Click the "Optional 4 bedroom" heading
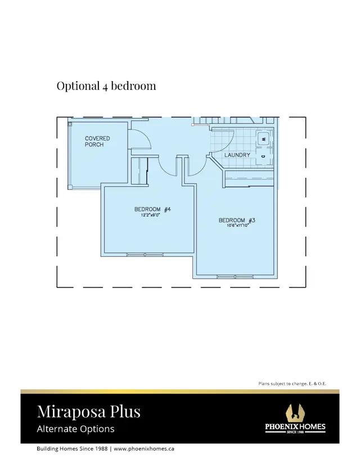pos(106,86)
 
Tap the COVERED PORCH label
pos(97,141)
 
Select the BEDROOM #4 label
pos(152,209)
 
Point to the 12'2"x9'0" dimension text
pos(151,215)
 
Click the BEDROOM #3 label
pos(237,220)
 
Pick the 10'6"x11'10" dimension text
pos(237,225)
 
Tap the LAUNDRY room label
pos(237,155)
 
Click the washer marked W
pos(263,138)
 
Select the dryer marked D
pos(263,156)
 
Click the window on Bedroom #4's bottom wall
pos(145,255)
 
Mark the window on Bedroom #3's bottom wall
pos(235,277)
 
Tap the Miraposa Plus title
pos(89,411)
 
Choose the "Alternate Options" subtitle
pos(75,429)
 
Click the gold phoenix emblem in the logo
pos(295,413)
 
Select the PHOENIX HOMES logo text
pos(295,427)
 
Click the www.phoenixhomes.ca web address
pos(144,449)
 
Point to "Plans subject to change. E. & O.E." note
pos(292,384)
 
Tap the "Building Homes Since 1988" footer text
pos(72,449)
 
